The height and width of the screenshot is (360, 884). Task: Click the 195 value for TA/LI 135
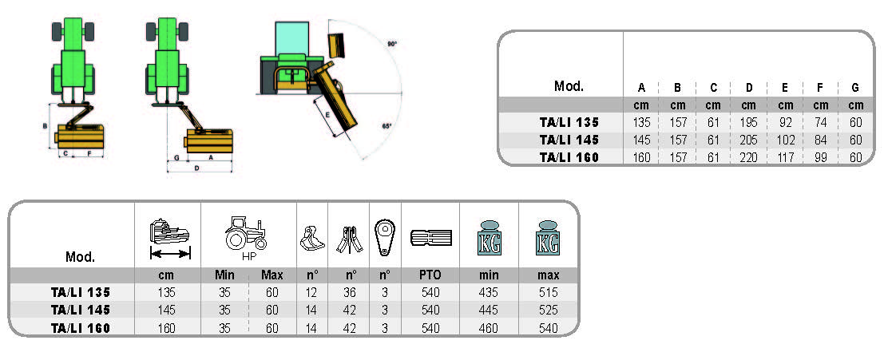[x=748, y=123]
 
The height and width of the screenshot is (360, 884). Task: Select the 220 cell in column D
[x=748, y=156]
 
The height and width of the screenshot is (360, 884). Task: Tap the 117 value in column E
[x=785, y=156]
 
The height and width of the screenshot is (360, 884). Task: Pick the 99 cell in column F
[x=821, y=156]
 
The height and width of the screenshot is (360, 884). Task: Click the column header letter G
[x=855, y=87]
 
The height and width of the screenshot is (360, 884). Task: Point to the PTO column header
[x=430, y=275]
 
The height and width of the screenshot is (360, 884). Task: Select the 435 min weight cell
[x=489, y=293]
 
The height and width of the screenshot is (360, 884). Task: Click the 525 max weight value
[x=548, y=310]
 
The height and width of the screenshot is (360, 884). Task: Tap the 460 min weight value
[x=489, y=327]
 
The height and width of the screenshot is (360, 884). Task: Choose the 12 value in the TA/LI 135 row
[x=311, y=293]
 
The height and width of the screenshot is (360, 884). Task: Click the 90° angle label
[x=392, y=45]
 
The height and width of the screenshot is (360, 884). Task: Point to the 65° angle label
[x=386, y=127]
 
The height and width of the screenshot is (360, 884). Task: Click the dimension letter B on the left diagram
[x=45, y=126]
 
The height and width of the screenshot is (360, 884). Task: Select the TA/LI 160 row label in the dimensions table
[x=569, y=156]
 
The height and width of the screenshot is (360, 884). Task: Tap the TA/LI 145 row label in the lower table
[x=79, y=310]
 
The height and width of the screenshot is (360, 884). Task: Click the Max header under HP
[x=272, y=275]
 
